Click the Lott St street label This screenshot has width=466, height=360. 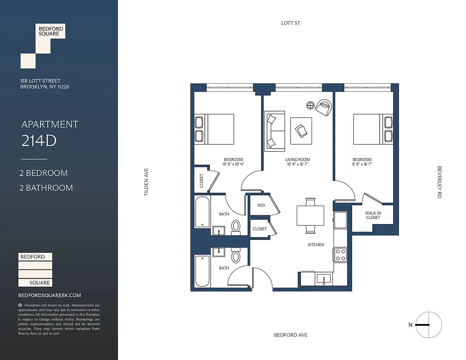(290, 23)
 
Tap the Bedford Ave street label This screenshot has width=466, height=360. (290, 335)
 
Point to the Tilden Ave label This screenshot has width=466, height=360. (146, 182)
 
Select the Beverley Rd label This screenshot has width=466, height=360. (439, 182)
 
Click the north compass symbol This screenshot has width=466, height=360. (428, 325)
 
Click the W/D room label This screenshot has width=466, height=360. (261, 206)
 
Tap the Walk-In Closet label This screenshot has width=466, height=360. (373, 215)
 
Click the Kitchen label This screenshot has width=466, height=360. (316, 245)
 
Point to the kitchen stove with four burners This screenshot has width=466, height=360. (340, 255)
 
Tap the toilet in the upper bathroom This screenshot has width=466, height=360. (235, 226)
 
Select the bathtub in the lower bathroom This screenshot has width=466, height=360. (202, 271)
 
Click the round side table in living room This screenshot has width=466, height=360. (310, 105)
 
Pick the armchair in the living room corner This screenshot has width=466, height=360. (324, 107)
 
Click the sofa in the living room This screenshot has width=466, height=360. (274, 131)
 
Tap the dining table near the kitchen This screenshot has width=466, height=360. (310, 216)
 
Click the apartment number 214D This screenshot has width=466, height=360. (39, 141)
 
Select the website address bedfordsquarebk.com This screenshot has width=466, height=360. (50, 295)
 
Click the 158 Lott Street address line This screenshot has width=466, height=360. (41, 81)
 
